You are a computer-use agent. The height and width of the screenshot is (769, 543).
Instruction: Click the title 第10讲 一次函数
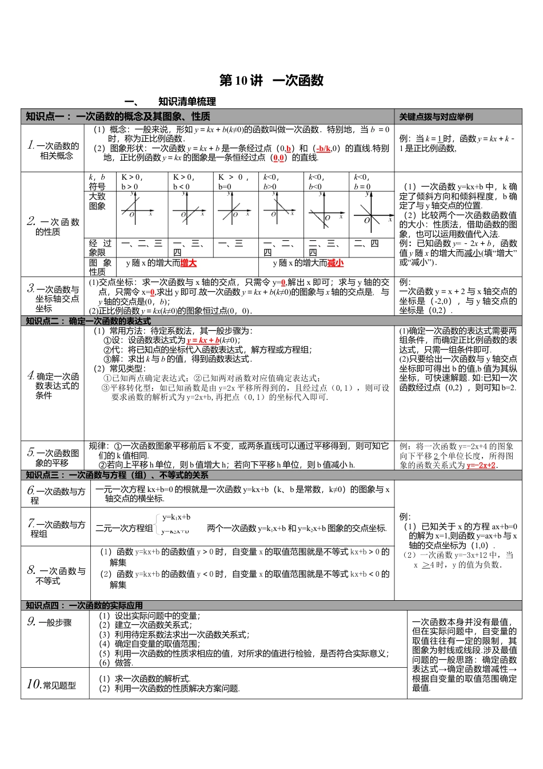click(271, 81)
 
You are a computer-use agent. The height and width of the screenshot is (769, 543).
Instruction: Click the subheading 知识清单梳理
click(187, 102)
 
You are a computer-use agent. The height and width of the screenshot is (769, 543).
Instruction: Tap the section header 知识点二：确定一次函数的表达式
click(89, 321)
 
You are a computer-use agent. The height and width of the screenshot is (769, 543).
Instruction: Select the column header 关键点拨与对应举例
click(436, 117)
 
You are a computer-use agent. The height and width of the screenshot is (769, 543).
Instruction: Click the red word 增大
click(188, 263)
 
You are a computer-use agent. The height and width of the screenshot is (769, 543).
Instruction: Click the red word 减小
click(336, 263)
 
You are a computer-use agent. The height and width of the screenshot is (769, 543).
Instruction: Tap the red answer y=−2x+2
click(481, 465)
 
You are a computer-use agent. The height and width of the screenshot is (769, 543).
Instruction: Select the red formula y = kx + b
click(203, 340)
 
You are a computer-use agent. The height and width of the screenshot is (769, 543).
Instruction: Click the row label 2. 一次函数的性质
click(53, 227)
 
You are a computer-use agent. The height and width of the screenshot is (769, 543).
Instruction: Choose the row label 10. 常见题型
click(51, 684)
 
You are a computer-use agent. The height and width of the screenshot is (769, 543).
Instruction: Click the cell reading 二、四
click(366, 244)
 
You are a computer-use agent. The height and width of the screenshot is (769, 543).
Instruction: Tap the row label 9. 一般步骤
click(50, 622)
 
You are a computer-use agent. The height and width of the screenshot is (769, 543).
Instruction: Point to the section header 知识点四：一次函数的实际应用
click(84, 605)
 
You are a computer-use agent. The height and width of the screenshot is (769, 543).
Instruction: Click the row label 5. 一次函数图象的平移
click(53, 457)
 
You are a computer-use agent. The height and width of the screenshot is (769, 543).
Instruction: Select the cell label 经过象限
click(100, 248)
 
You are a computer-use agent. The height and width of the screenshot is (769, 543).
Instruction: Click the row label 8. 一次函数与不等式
click(56, 575)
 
